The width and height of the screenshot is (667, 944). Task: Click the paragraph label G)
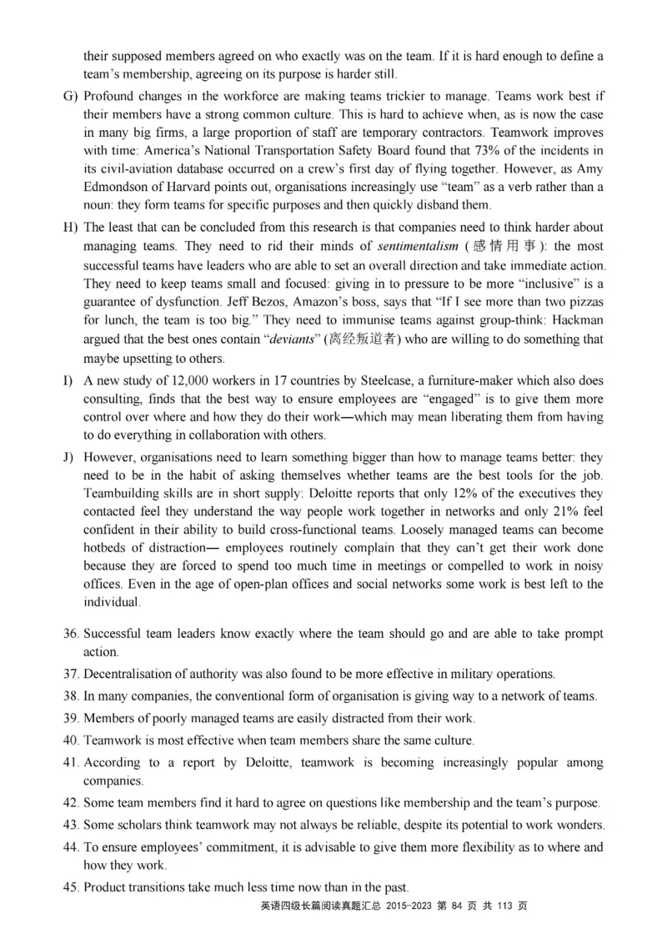70,96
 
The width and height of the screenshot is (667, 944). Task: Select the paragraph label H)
70,228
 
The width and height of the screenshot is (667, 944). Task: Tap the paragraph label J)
69,458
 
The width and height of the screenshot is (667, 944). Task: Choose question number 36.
71,635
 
